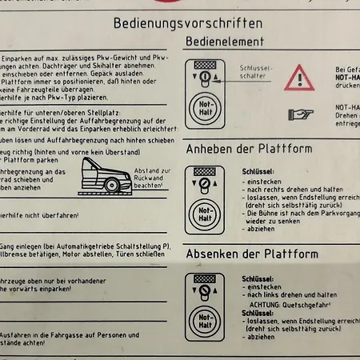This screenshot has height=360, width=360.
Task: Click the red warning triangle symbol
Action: [301, 78]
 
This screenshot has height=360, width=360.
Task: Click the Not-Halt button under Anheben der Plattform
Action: [205, 213]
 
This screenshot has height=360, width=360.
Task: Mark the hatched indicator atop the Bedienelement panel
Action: [205, 65]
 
